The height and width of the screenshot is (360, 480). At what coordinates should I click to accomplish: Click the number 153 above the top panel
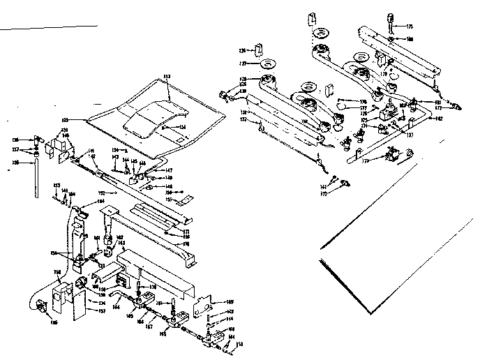pyautogui.click(x=167, y=75)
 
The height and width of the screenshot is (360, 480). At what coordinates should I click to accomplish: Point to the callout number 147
pyautogui.click(x=168, y=170)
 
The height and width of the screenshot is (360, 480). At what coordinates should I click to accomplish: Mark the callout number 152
pyautogui.click(x=102, y=192)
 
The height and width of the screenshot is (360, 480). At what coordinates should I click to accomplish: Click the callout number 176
pyautogui.click(x=363, y=102)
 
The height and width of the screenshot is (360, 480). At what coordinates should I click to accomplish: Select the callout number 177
pyautogui.click(x=363, y=109)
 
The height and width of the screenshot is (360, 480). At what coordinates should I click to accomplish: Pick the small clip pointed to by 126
pyautogui.click(x=258, y=50)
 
